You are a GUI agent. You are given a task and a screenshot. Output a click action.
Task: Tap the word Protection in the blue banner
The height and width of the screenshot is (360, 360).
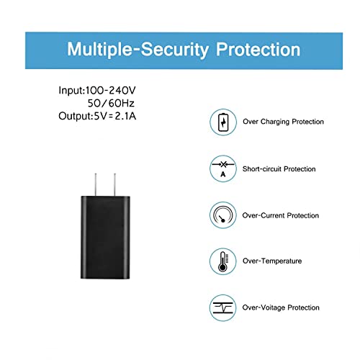[258, 50]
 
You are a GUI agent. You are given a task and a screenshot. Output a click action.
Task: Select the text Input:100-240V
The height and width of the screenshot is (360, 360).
[97, 91]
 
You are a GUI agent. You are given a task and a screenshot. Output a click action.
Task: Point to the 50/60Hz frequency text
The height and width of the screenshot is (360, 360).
[111, 104]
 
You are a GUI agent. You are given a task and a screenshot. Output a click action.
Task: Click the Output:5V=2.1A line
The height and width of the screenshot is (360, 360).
[97, 116]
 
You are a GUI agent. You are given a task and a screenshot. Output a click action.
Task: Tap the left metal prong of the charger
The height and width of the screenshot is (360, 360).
[96, 184]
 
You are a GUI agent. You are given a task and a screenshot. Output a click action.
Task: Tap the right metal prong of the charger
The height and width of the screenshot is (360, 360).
[114, 184]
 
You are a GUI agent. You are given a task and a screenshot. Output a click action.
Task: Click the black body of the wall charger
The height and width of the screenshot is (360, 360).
[105, 238]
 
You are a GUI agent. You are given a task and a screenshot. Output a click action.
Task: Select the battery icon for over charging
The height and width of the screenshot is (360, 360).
[223, 122]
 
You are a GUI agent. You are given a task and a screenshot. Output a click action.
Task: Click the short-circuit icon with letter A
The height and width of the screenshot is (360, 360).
[223, 168]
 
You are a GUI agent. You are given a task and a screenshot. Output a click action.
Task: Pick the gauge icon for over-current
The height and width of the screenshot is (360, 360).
[223, 215]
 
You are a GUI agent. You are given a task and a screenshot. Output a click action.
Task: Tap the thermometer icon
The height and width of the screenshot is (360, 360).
[223, 261]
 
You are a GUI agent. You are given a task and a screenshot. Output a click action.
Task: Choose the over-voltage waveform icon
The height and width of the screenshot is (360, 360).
[223, 308]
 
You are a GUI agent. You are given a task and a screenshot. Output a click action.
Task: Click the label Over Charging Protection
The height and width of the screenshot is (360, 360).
[283, 122]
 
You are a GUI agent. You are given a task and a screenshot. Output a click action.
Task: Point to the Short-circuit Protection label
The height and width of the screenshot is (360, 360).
[279, 169]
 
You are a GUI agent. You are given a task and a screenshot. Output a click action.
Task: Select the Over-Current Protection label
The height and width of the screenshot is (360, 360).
[281, 215]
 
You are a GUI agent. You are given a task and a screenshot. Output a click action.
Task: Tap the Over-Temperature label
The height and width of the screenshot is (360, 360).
[272, 261]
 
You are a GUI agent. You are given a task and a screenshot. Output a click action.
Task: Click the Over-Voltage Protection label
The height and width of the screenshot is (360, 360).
[281, 307]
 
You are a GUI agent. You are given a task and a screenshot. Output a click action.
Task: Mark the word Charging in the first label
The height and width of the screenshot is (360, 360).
[275, 122]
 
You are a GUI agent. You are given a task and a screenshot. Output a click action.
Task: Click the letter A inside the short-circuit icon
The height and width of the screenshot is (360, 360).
[223, 174]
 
